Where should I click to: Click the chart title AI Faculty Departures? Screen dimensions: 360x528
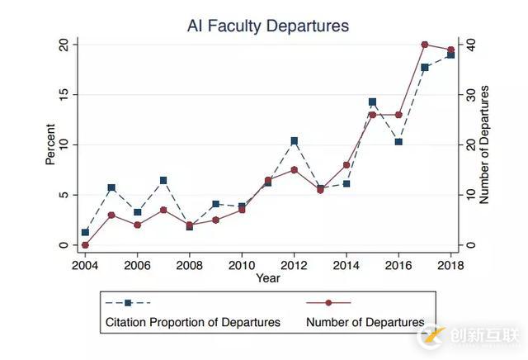tap(268, 26)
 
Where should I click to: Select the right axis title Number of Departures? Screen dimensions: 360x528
tap(484, 144)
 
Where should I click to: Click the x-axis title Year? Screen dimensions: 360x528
tap(267, 278)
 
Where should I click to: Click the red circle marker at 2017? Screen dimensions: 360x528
tap(424, 45)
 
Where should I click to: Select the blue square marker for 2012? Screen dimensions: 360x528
tap(294, 141)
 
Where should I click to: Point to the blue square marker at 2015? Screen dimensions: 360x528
tap(372, 102)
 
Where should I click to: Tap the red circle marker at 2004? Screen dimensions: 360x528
tap(85, 245)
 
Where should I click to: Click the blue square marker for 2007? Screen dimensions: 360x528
tap(163, 180)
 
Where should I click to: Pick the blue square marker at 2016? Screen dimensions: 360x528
tap(398, 142)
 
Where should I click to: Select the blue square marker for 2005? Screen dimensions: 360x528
tap(111, 188)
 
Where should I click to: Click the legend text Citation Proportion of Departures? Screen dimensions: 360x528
tap(192, 322)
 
